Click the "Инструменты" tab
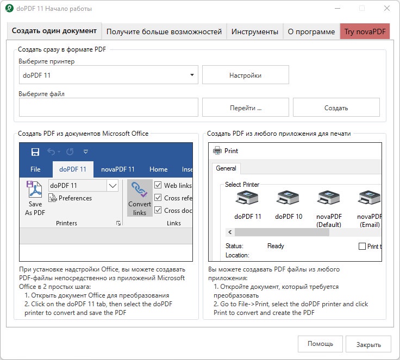[x=254, y=31]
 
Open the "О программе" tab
[x=311, y=31]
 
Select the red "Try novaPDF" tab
[x=365, y=31]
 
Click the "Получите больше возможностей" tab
[x=164, y=31]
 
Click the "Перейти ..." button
[x=246, y=108]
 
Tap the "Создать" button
[x=336, y=108]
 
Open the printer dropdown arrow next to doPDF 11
[x=192, y=75]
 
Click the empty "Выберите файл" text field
[x=108, y=108]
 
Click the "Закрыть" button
[x=368, y=344]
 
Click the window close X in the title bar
[x=387, y=8]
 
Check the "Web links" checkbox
[x=158, y=185]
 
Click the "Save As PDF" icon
[x=34, y=189]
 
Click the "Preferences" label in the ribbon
[x=75, y=198]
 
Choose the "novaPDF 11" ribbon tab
[x=117, y=169]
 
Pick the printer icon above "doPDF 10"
[x=288, y=198]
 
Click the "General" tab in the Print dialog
[x=226, y=168]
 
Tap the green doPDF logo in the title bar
[x=9, y=8]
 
